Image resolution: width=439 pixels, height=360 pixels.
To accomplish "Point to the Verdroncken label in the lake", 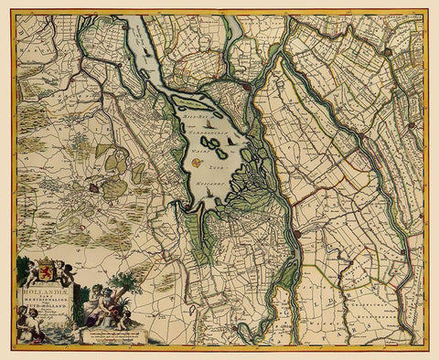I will click(204, 131).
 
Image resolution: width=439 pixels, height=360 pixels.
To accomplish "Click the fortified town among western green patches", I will click(93, 186).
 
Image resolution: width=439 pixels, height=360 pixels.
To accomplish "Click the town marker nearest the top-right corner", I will click(388, 52).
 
